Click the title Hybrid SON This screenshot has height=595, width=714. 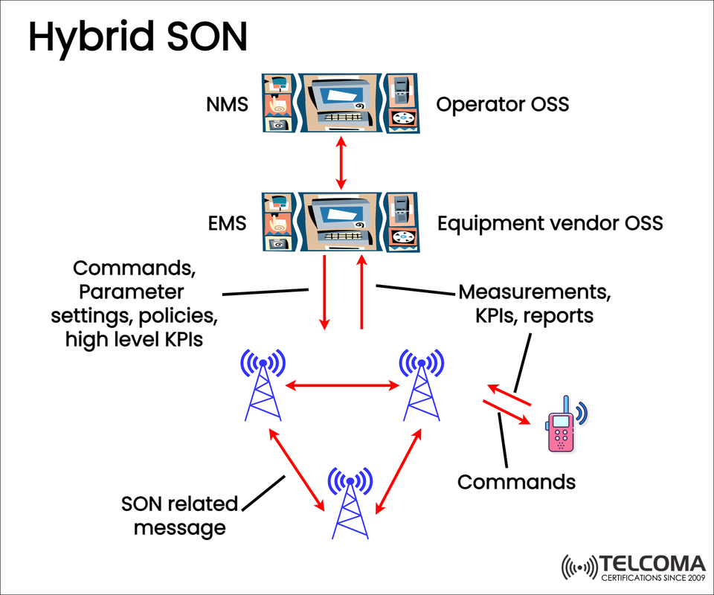pos(138,37)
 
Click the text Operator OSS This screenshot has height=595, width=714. pos(502,104)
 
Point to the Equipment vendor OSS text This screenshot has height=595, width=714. pos(550,223)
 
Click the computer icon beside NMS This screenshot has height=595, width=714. pos(340,103)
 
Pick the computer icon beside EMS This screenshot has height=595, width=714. pos(340,221)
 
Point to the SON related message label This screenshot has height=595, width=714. pos(179,515)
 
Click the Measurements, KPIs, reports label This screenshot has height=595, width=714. pos(534,303)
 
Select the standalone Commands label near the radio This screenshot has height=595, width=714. pos(516,482)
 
